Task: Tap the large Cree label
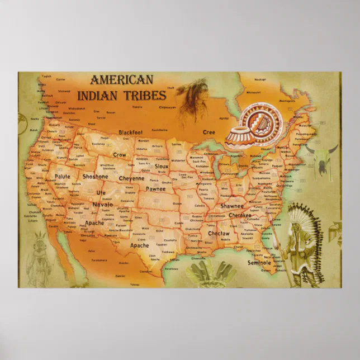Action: (208, 132)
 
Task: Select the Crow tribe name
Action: (119, 154)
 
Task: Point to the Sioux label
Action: (162, 166)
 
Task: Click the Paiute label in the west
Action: (63, 177)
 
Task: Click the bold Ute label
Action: (101, 193)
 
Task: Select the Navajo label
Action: (103, 205)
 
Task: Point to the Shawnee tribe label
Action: (232, 206)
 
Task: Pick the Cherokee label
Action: (240, 215)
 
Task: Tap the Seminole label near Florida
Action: (259, 262)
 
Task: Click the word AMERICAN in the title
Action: (121, 80)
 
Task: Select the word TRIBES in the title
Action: (146, 95)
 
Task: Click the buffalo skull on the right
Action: (323, 155)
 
